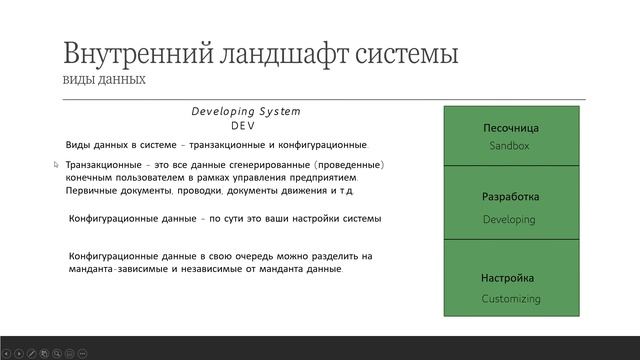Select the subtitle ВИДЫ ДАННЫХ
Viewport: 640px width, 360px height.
[x=105, y=79]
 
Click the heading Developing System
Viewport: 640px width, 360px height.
[x=246, y=112]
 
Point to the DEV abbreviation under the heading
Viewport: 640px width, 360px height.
[x=245, y=126]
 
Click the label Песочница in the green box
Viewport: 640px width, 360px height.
[x=511, y=128]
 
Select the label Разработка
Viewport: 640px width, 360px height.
[x=510, y=197]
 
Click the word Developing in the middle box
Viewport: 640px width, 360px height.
[x=509, y=219]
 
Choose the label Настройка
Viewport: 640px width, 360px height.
[x=508, y=278]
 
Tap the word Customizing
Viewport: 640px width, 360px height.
[x=510, y=298]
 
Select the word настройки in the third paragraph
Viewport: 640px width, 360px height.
[x=314, y=218]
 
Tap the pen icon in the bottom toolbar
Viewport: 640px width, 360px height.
[x=32, y=353]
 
